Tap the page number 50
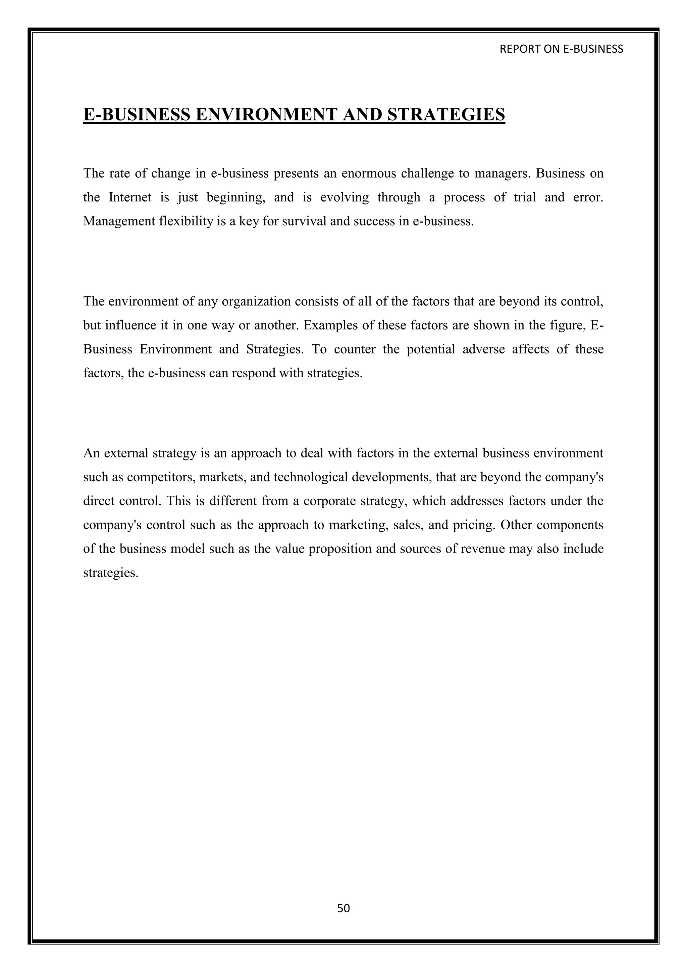[343, 908]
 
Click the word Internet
[130, 197]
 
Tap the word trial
[525, 197]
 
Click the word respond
[252, 373]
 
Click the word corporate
[330, 501]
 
